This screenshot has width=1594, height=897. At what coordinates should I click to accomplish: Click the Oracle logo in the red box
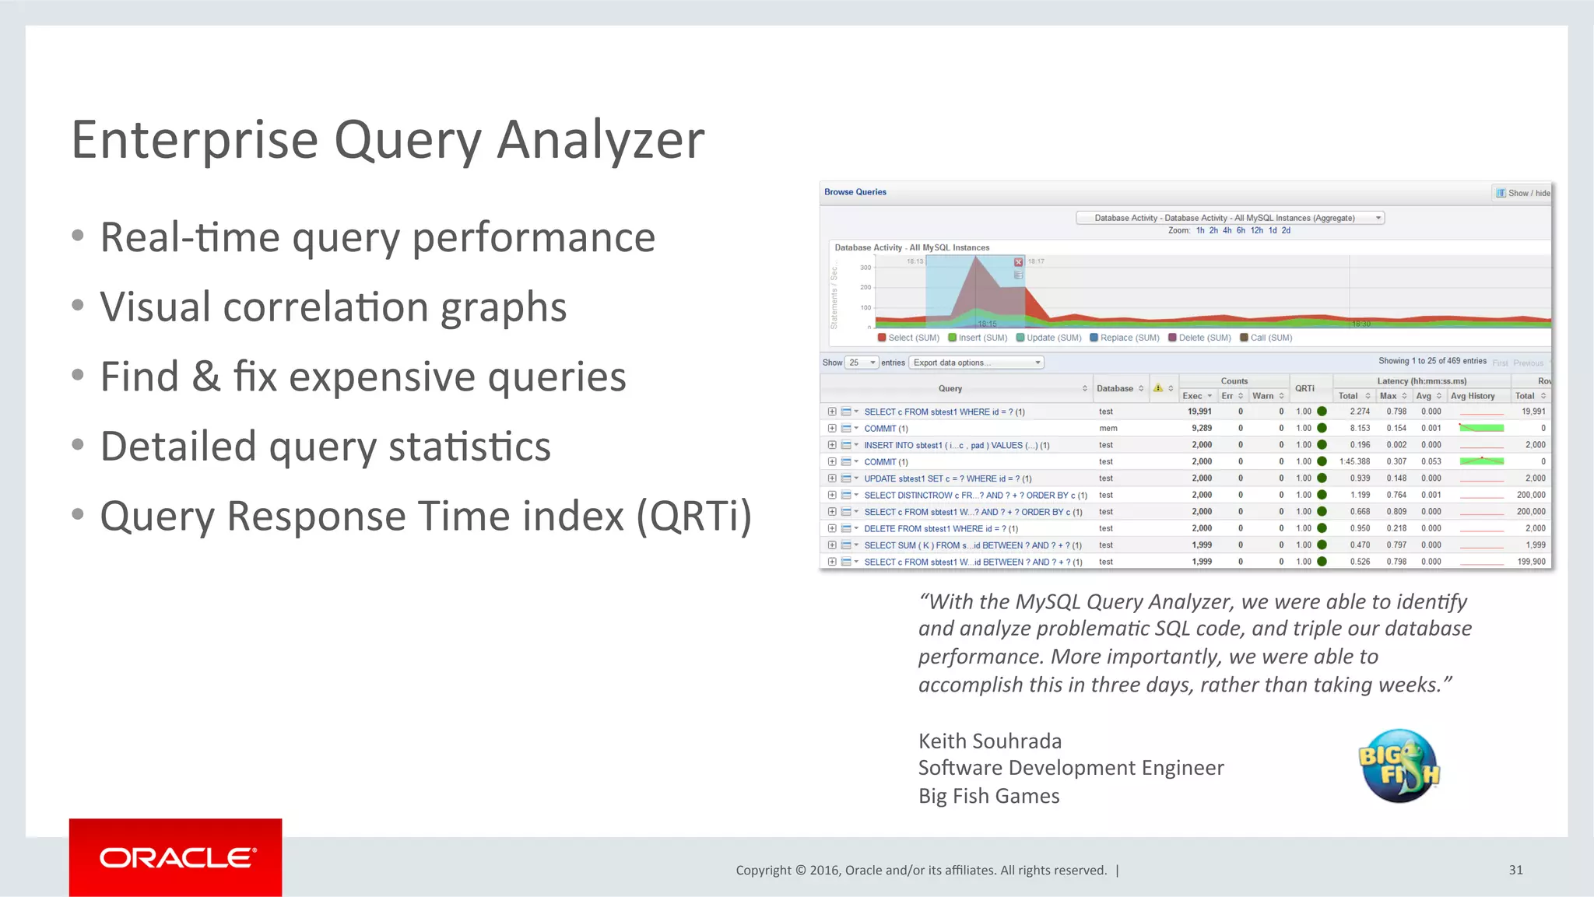[x=176, y=857]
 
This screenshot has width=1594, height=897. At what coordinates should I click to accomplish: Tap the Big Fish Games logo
[x=1399, y=766]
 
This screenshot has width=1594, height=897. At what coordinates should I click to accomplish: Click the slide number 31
[x=1515, y=870]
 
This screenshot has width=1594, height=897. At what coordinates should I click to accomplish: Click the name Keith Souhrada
[x=989, y=741]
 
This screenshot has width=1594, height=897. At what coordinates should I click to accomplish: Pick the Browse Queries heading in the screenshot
[x=855, y=192]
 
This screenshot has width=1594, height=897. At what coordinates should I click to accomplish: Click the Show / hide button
[x=1522, y=193]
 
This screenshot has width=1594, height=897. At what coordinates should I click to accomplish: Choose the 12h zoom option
[x=1256, y=230]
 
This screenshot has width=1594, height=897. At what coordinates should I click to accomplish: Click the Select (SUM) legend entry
[x=909, y=338]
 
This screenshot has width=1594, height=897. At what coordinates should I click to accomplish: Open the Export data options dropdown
[x=976, y=363]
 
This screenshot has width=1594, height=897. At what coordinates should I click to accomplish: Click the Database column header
[x=1115, y=388]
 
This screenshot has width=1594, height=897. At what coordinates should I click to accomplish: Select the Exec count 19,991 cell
[x=1199, y=412]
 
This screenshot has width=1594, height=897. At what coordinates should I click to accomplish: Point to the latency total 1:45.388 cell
[x=1354, y=461]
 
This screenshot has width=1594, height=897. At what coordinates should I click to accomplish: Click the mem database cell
[x=1108, y=428]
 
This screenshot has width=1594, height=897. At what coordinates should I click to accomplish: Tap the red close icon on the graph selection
[x=1018, y=262]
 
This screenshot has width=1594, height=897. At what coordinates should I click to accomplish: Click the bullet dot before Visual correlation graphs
[x=77, y=305]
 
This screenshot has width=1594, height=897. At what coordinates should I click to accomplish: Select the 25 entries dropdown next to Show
[x=862, y=363]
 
